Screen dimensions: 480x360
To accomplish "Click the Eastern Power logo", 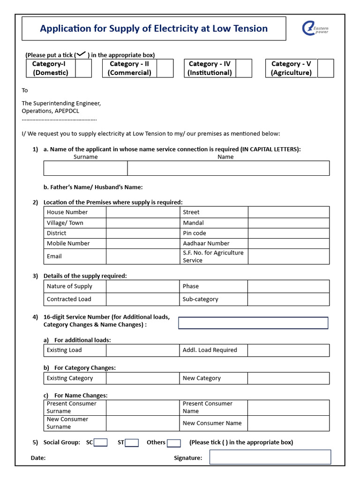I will pos(315,29).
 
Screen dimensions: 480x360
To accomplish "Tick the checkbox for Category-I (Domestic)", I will pos(83,68).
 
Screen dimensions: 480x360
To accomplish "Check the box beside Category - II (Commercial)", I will pos(165,68).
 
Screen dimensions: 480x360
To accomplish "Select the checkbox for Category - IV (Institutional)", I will pos(243,68).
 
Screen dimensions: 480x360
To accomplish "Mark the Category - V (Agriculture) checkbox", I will pos(325,68).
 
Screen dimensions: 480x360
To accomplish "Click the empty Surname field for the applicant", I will pos(85,168).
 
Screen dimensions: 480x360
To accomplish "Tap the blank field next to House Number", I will pos(143,212).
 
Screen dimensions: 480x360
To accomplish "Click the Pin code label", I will pos(195,233).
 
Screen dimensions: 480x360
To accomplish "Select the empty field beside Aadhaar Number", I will pos(288,243).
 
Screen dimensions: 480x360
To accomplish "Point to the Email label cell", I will pos(54,256).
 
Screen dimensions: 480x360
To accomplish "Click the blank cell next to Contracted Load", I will pos(143,299).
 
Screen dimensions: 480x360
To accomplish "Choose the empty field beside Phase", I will pos(288,286).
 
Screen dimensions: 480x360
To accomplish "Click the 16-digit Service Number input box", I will pos(253,323).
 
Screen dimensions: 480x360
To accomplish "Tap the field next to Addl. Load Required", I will pos(288,350).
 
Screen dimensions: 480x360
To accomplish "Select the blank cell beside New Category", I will pos(288,378).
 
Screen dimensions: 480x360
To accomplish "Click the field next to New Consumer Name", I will pos(288,423).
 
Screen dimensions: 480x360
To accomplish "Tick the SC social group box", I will pos(101,442).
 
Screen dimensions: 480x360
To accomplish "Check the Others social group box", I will pos(174,443).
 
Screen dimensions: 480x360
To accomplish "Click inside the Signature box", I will pos(270,457).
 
